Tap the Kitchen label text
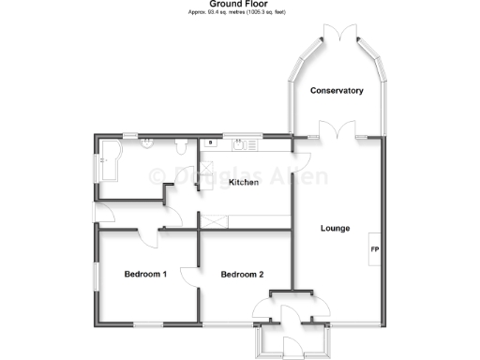tap(244, 183)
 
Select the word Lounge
tap(335, 228)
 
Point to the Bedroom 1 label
tap(145, 275)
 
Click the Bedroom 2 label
tap(241, 275)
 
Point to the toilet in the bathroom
tap(181, 146)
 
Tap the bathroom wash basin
tap(148, 143)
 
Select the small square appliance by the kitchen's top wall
tap(213, 143)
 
